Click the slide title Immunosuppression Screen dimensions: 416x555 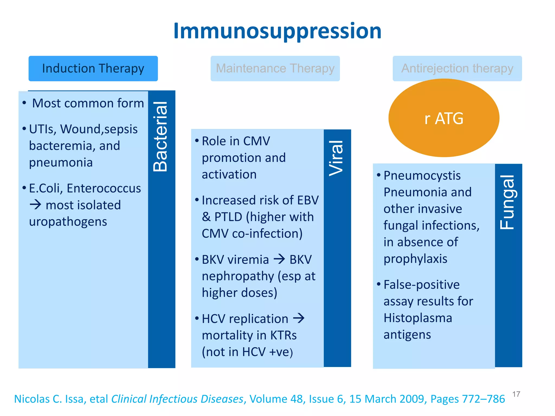tap(277, 31)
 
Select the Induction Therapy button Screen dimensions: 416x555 tap(93, 69)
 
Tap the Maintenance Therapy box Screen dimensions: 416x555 tap(275, 69)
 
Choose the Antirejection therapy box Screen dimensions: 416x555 tap(457, 69)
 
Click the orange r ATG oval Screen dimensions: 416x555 tap(444, 118)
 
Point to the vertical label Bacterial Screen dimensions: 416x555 tap(160, 137)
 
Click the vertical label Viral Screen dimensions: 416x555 tap(336, 158)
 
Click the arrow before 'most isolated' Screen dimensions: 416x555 tap(36, 205)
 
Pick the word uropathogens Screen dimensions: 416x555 tap(68, 222)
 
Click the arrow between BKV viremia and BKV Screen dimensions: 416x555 tap(279, 259)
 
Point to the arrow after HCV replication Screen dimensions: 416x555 tap(299, 318)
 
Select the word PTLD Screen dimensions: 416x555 tap(228, 217)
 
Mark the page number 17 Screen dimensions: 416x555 tap(516, 394)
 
